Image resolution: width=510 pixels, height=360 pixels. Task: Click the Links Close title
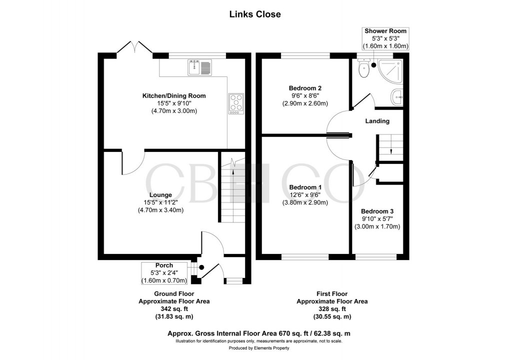255,14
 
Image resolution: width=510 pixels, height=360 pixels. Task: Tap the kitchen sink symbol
200,67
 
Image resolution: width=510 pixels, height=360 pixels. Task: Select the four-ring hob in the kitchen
236,103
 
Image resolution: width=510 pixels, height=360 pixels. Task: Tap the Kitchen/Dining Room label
174,95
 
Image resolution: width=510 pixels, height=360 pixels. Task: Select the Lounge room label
160,195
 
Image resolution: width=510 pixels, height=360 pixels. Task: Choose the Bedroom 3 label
377,211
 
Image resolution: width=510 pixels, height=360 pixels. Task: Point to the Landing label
377,121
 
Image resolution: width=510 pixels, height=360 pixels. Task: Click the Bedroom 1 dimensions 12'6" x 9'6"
304,195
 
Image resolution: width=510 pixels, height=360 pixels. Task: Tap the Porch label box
164,272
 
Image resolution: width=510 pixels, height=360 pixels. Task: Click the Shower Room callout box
385,38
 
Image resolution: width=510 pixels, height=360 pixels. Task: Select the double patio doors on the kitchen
134,48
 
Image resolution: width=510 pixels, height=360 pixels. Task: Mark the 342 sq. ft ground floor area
174,309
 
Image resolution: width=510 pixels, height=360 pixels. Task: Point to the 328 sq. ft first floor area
332,309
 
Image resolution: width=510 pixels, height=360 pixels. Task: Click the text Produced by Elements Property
255,347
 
